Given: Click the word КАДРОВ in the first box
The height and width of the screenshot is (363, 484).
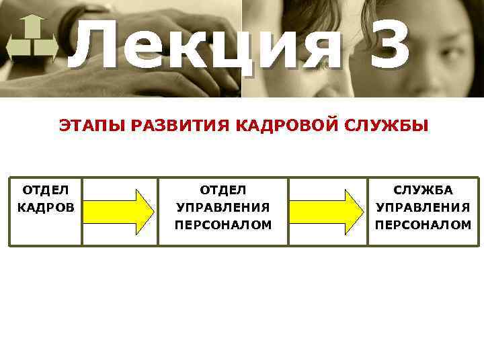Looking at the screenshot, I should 46,207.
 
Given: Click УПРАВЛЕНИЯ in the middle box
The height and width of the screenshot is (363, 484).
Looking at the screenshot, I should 223,207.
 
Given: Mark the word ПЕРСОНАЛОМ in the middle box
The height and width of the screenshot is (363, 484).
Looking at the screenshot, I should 223,225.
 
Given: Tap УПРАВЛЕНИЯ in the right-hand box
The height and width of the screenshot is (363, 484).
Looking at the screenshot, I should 424,207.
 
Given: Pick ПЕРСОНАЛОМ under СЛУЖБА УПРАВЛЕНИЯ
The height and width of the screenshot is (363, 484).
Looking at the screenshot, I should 424,225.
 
